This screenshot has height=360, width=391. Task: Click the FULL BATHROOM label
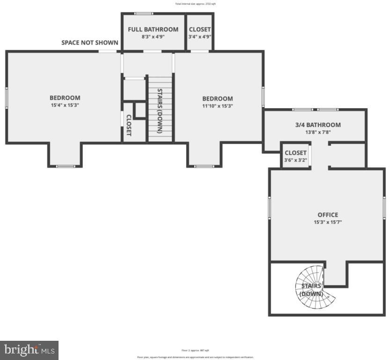click(153, 29)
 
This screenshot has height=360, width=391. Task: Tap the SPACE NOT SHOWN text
click(90, 43)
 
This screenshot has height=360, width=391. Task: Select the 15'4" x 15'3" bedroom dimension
click(65, 105)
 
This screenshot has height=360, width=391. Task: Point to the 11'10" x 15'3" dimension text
click(217, 106)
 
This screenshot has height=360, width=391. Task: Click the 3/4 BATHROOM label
click(317, 125)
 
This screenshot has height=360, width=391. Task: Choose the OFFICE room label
click(327, 215)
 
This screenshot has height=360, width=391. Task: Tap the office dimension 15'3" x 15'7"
click(327, 222)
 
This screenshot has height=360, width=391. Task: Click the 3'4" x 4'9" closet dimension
click(200, 37)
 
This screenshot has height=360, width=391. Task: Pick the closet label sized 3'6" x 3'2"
click(295, 153)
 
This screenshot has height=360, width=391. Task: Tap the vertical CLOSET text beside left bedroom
click(129, 125)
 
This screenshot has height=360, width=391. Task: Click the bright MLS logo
click(29, 350)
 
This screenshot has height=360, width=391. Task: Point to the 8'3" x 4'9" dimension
click(153, 37)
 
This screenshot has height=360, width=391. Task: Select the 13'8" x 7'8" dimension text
click(317, 132)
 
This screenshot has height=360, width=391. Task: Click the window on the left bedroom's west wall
click(7, 98)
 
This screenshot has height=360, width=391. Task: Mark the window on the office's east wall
click(384, 207)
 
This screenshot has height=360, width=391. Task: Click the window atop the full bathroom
click(140, 13)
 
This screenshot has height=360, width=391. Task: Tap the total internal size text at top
click(195, 4)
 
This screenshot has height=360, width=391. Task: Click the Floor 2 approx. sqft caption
click(195, 350)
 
